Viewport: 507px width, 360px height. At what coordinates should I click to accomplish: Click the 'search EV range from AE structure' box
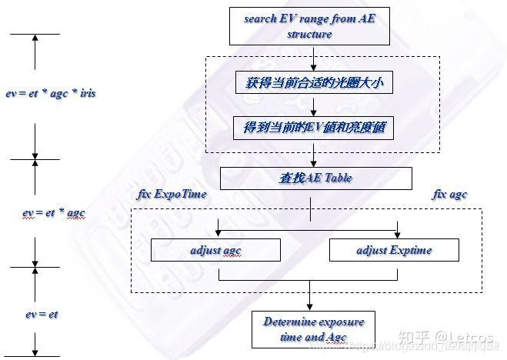[309, 26]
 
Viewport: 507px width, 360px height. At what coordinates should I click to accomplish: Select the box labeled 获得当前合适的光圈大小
[313, 81]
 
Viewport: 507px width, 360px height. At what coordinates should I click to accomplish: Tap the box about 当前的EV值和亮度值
[313, 128]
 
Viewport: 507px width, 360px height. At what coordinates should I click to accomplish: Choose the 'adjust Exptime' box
[394, 250]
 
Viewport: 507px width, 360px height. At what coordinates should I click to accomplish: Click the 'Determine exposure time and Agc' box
[313, 328]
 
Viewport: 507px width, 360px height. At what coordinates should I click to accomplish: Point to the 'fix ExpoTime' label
[171, 195]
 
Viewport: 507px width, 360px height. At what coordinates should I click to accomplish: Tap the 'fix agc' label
[449, 195]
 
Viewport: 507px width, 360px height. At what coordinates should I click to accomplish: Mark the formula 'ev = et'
[41, 314]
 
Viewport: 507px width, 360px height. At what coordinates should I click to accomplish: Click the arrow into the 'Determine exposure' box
[309, 301]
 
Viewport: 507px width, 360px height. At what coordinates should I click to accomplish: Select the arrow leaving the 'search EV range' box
[312, 58]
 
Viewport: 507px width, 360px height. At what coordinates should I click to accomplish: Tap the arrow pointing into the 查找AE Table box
[312, 159]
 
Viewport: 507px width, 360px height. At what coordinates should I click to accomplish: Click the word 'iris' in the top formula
[86, 94]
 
